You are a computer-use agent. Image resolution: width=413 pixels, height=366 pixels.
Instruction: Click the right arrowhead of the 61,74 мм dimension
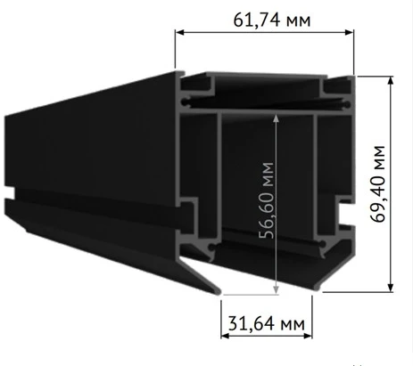point(351,32)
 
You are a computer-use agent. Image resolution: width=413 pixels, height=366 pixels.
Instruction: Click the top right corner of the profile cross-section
point(354,76)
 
